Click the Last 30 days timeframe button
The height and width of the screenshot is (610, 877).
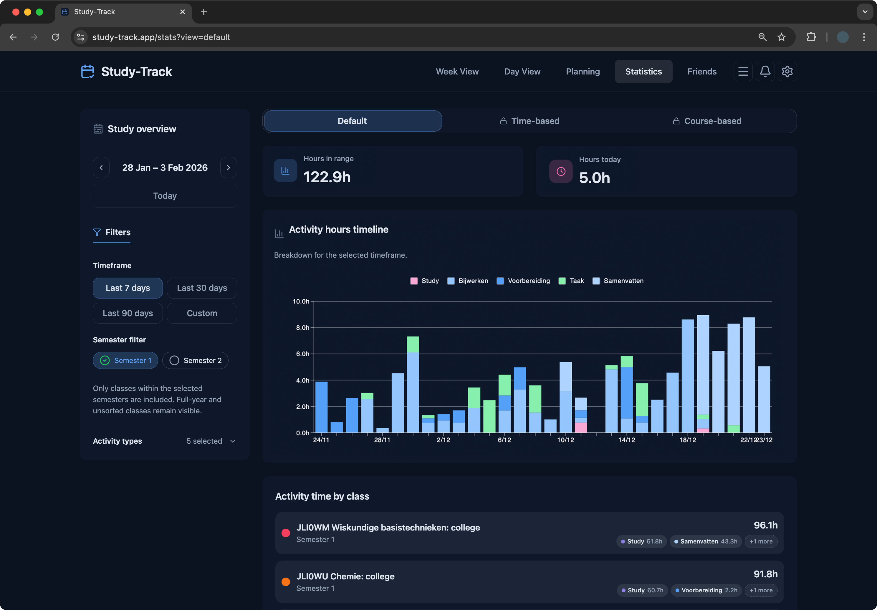[x=202, y=288]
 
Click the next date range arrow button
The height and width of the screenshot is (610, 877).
[x=229, y=168]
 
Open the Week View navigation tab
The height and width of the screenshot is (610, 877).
[x=457, y=72]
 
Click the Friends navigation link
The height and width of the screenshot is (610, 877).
[x=702, y=72]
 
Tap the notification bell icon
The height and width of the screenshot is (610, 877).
[x=765, y=72]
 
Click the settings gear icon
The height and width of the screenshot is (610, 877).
[x=787, y=72]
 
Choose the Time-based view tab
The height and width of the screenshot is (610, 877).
[x=530, y=121]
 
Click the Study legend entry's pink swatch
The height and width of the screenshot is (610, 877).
[x=414, y=281]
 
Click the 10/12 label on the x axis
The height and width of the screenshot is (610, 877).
[x=565, y=440]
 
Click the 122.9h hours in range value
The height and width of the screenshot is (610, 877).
[x=327, y=177]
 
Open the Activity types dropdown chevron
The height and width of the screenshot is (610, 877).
[x=233, y=441]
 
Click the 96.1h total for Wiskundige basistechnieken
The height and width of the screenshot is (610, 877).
[x=765, y=525]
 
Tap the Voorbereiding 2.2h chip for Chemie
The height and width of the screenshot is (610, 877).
[x=706, y=590]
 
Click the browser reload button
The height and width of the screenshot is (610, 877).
[x=55, y=37]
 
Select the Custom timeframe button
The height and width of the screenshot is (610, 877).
[x=202, y=313]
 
